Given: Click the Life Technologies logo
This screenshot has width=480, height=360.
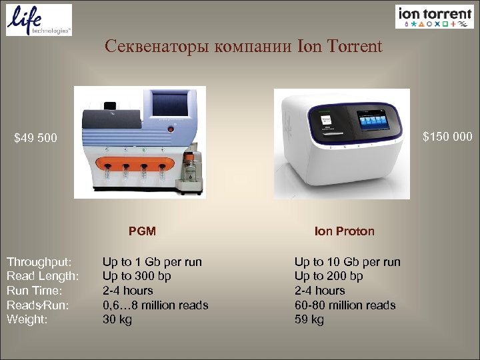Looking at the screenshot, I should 39,19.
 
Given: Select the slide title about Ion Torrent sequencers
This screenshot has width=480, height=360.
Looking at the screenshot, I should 243,47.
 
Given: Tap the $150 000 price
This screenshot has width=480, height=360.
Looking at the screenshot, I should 447,137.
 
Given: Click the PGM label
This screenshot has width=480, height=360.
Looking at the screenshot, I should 142,231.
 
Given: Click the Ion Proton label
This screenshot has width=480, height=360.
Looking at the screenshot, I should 345,231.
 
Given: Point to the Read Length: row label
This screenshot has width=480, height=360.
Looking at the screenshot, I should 43,276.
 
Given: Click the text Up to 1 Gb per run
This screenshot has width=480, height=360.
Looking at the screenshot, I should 152,261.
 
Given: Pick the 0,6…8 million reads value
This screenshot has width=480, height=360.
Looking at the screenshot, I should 155,305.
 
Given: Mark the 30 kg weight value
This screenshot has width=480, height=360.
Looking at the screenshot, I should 117,319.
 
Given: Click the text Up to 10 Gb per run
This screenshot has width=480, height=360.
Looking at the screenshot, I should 347,261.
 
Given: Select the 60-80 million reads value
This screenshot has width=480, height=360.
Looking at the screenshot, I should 345,305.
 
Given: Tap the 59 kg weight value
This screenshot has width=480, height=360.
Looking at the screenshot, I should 309,319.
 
